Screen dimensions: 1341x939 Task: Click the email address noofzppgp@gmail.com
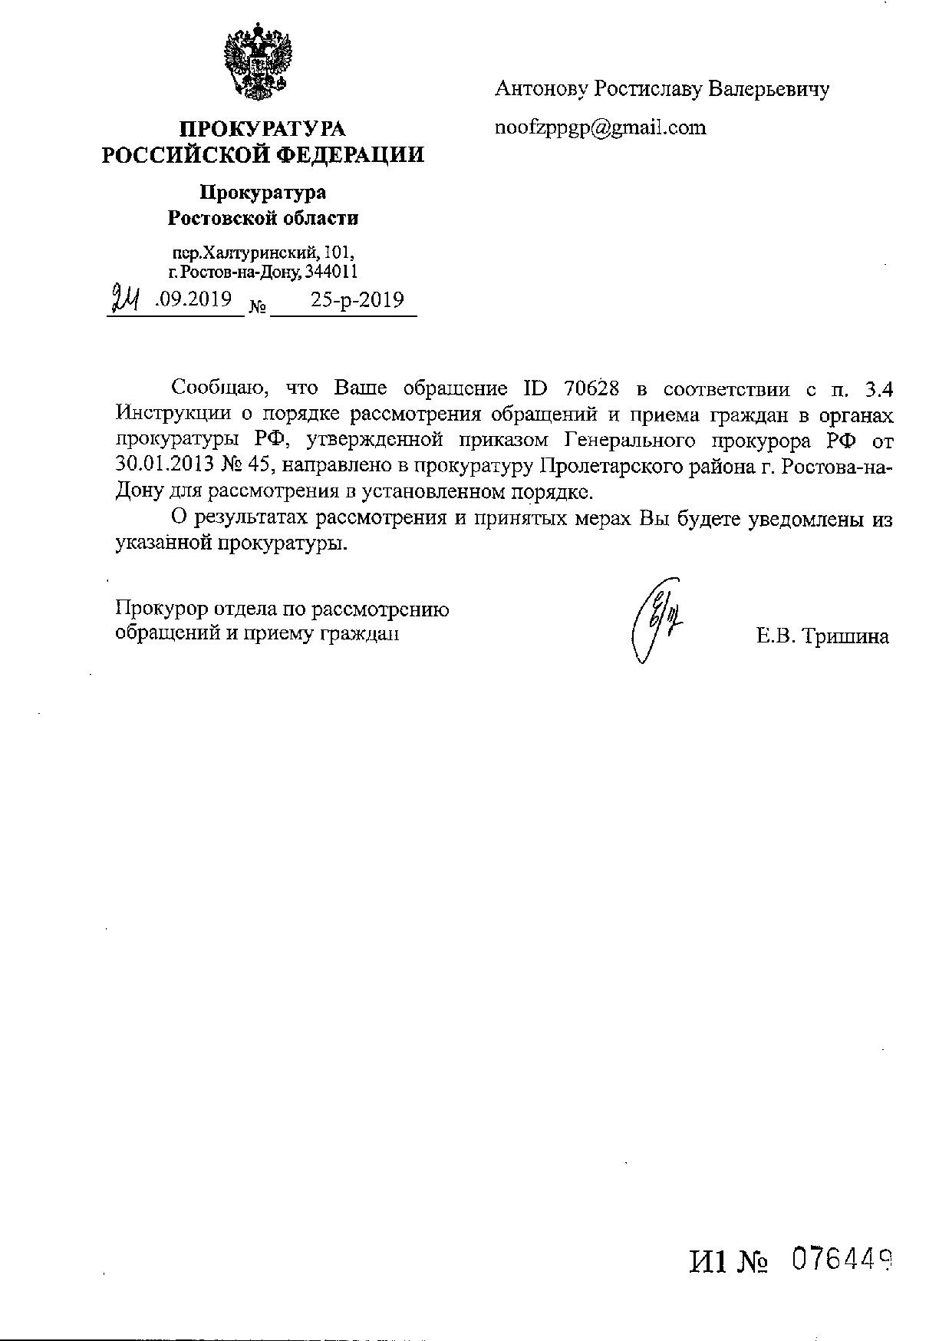pos(601,127)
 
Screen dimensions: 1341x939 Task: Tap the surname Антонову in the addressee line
pos(542,90)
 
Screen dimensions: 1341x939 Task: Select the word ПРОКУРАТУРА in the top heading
pos(262,129)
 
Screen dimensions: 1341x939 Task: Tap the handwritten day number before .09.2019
pos(125,298)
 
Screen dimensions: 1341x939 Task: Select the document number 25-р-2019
pos(357,299)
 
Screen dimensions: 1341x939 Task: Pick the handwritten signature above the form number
pos(656,619)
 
